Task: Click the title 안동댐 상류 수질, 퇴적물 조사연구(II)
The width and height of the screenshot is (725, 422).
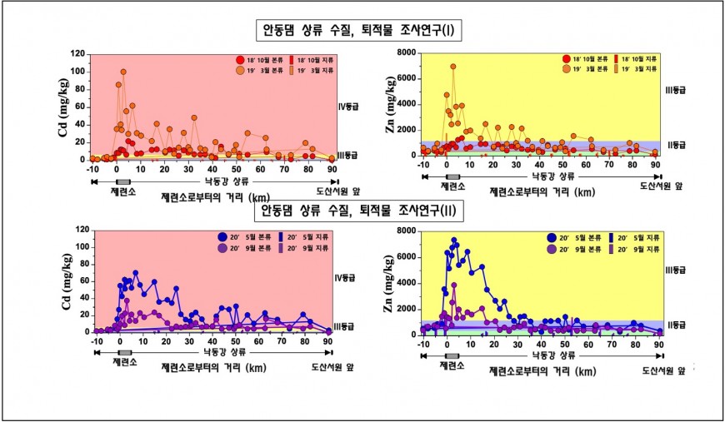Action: click(359, 210)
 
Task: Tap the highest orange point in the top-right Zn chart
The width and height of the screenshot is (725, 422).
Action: click(453, 67)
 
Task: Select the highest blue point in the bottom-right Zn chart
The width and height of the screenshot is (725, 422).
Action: click(454, 241)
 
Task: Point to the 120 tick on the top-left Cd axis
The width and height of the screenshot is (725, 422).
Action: click(77, 53)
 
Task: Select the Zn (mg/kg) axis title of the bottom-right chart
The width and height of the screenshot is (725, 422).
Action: click(390, 283)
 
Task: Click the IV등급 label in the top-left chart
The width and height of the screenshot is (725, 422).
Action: click(347, 107)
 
